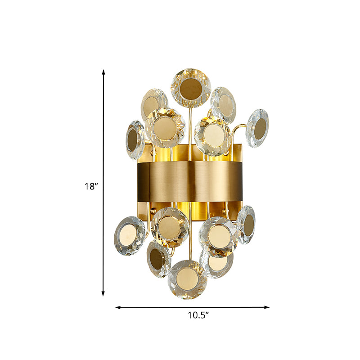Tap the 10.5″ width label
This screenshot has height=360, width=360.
coord(199,315)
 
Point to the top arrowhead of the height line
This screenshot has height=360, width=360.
coord(103,72)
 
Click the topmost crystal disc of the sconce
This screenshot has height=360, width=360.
coord(190,87)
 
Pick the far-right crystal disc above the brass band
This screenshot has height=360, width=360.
coord(258,128)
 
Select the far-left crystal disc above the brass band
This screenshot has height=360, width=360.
coord(135,139)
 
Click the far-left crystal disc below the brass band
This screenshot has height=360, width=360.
coord(129,235)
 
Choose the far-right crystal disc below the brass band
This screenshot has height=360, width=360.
coord(246,224)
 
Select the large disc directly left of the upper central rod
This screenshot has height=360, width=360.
coord(165,127)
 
